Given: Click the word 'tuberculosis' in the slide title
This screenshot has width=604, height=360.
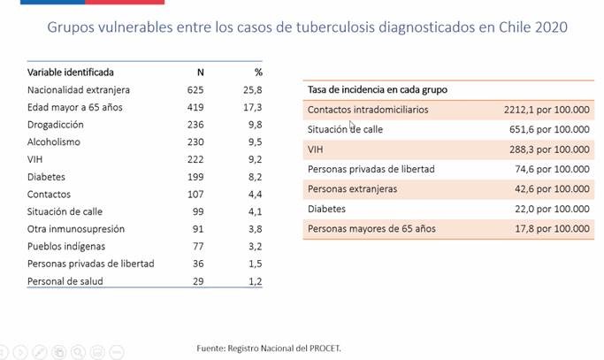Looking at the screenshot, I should pos(318,27).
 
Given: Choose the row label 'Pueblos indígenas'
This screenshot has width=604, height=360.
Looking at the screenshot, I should pos(66,246).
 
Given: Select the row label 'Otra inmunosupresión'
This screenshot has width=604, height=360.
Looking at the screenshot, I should pos(76,228).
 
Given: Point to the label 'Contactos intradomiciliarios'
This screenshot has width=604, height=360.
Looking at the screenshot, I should pos(367,110).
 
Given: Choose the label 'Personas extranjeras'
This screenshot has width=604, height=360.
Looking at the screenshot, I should pos(352,189).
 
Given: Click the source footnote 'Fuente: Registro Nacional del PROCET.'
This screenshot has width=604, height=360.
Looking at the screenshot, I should pos(269,348).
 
